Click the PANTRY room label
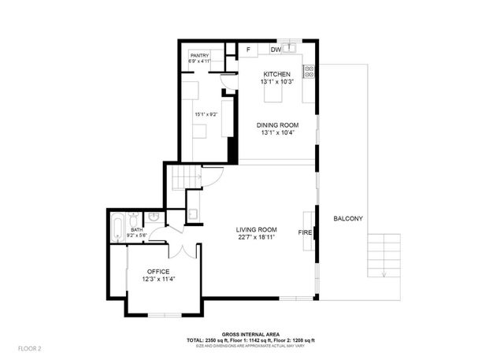tap(198, 55)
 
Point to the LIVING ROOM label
tap(257, 230)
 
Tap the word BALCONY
tap(347, 218)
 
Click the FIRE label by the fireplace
tap(305, 233)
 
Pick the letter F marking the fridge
tap(248, 50)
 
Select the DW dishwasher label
tap(276, 50)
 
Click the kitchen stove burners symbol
tap(309, 70)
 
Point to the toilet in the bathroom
tap(154, 216)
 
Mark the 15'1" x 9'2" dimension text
tap(206, 114)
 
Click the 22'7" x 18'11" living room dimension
tap(257, 238)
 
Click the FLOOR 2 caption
tap(29, 347)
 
